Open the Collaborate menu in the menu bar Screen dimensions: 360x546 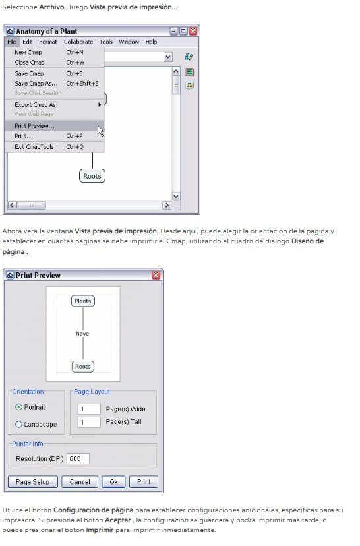tap(78, 42)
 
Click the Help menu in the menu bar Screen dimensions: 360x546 tap(151, 42)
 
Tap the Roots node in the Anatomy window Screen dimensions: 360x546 tap(92, 176)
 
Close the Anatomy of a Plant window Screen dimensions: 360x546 tap(193, 31)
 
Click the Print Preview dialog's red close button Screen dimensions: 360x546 tap(156, 275)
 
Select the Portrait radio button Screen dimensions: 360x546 tap(19, 407)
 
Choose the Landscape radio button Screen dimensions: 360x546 tap(19, 424)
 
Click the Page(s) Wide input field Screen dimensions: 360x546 tap(89, 409)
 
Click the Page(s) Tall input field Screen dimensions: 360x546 tap(89, 422)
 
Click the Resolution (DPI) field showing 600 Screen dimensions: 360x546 tap(78, 458)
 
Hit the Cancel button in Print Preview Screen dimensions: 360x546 tap(80, 482)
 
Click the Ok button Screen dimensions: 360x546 tap(113, 482)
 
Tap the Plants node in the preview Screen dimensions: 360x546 tap(83, 301)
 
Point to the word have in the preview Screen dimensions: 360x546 tap(82, 334)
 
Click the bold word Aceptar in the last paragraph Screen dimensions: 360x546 tap(117, 520)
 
